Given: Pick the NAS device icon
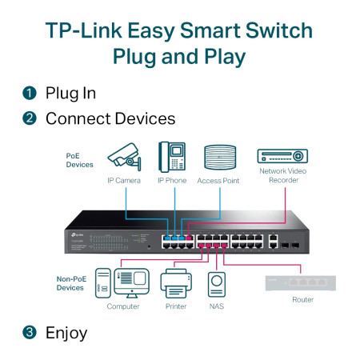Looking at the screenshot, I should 216,284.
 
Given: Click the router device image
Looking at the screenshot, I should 302,282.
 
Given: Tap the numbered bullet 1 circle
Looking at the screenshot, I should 29,93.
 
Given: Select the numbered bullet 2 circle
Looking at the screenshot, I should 29,118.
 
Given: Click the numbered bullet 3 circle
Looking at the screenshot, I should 29,331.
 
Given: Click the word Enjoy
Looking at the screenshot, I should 66,331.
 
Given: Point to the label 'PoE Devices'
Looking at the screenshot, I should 79,159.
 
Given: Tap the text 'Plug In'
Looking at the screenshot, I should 70,93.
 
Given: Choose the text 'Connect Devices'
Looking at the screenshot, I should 110,118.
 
